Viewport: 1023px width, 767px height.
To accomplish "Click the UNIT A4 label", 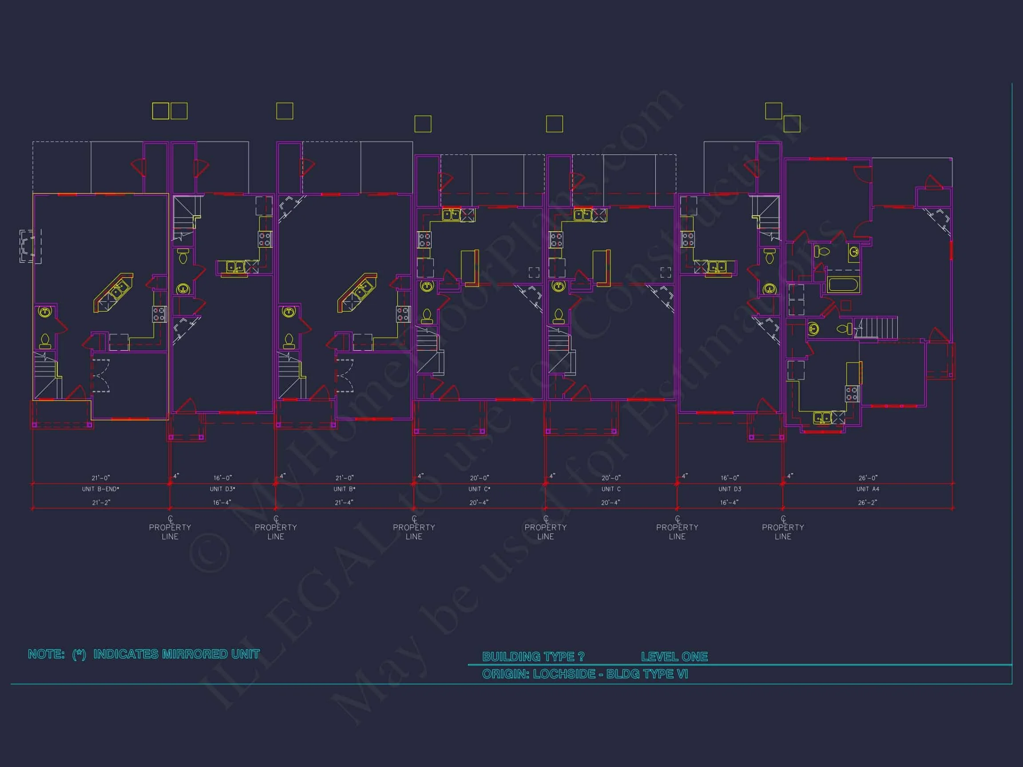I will (868, 489).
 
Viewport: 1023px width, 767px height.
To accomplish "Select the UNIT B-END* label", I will (101, 489).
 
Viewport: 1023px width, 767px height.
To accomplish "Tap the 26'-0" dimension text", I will (868, 478).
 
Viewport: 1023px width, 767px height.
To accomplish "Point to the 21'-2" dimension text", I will (101, 502).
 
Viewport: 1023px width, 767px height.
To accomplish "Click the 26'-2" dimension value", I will (867, 502).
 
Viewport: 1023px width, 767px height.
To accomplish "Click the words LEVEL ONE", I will (674, 656).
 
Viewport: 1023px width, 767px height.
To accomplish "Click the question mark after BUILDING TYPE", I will (581, 656).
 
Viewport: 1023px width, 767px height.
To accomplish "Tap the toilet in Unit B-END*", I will (45, 342).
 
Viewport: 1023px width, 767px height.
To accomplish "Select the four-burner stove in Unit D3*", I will (265, 239).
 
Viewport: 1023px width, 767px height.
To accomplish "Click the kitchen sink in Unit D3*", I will (235, 267).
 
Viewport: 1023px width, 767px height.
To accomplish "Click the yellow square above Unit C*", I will (423, 124).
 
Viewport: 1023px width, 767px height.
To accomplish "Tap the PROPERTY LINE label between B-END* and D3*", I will (170, 532).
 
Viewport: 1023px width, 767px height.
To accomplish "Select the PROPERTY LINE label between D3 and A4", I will (783, 532).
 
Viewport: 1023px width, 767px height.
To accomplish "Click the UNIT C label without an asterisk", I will (611, 489).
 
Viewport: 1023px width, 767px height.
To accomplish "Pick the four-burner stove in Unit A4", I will (852, 393).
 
